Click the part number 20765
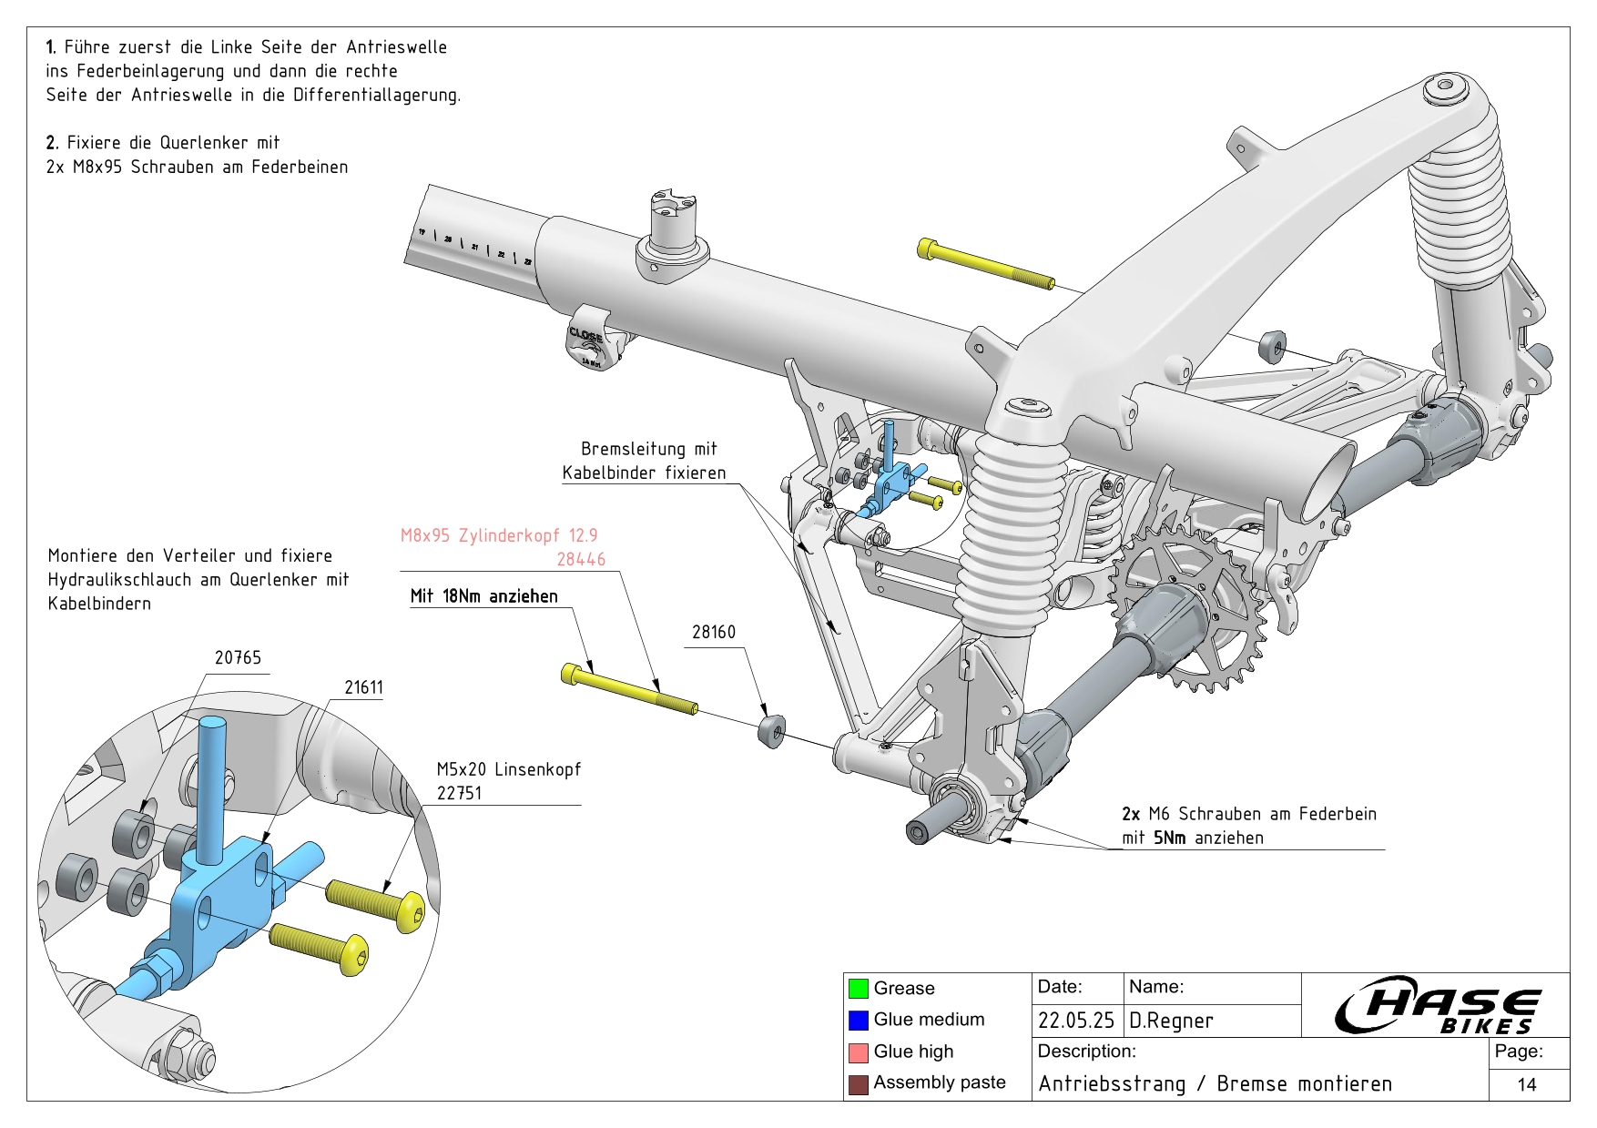click(x=238, y=657)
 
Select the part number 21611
click(x=363, y=687)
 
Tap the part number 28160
click(x=713, y=632)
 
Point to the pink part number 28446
click(x=581, y=559)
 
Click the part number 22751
click(x=459, y=793)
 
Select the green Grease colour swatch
click(x=858, y=988)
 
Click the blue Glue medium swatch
click(x=858, y=1020)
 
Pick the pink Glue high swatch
click(x=858, y=1052)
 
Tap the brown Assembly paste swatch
click(x=858, y=1083)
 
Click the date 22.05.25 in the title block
click(x=1075, y=1021)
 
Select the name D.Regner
click(x=1171, y=1021)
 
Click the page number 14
click(x=1527, y=1084)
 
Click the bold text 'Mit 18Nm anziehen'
click(x=483, y=596)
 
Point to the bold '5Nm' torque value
click(x=1170, y=838)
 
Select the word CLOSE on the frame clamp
click(x=585, y=335)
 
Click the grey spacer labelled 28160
click(x=771, y=730)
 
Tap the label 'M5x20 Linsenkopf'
click(x=508, y=769)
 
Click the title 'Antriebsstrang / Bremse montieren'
click(x=1215, y=1083)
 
